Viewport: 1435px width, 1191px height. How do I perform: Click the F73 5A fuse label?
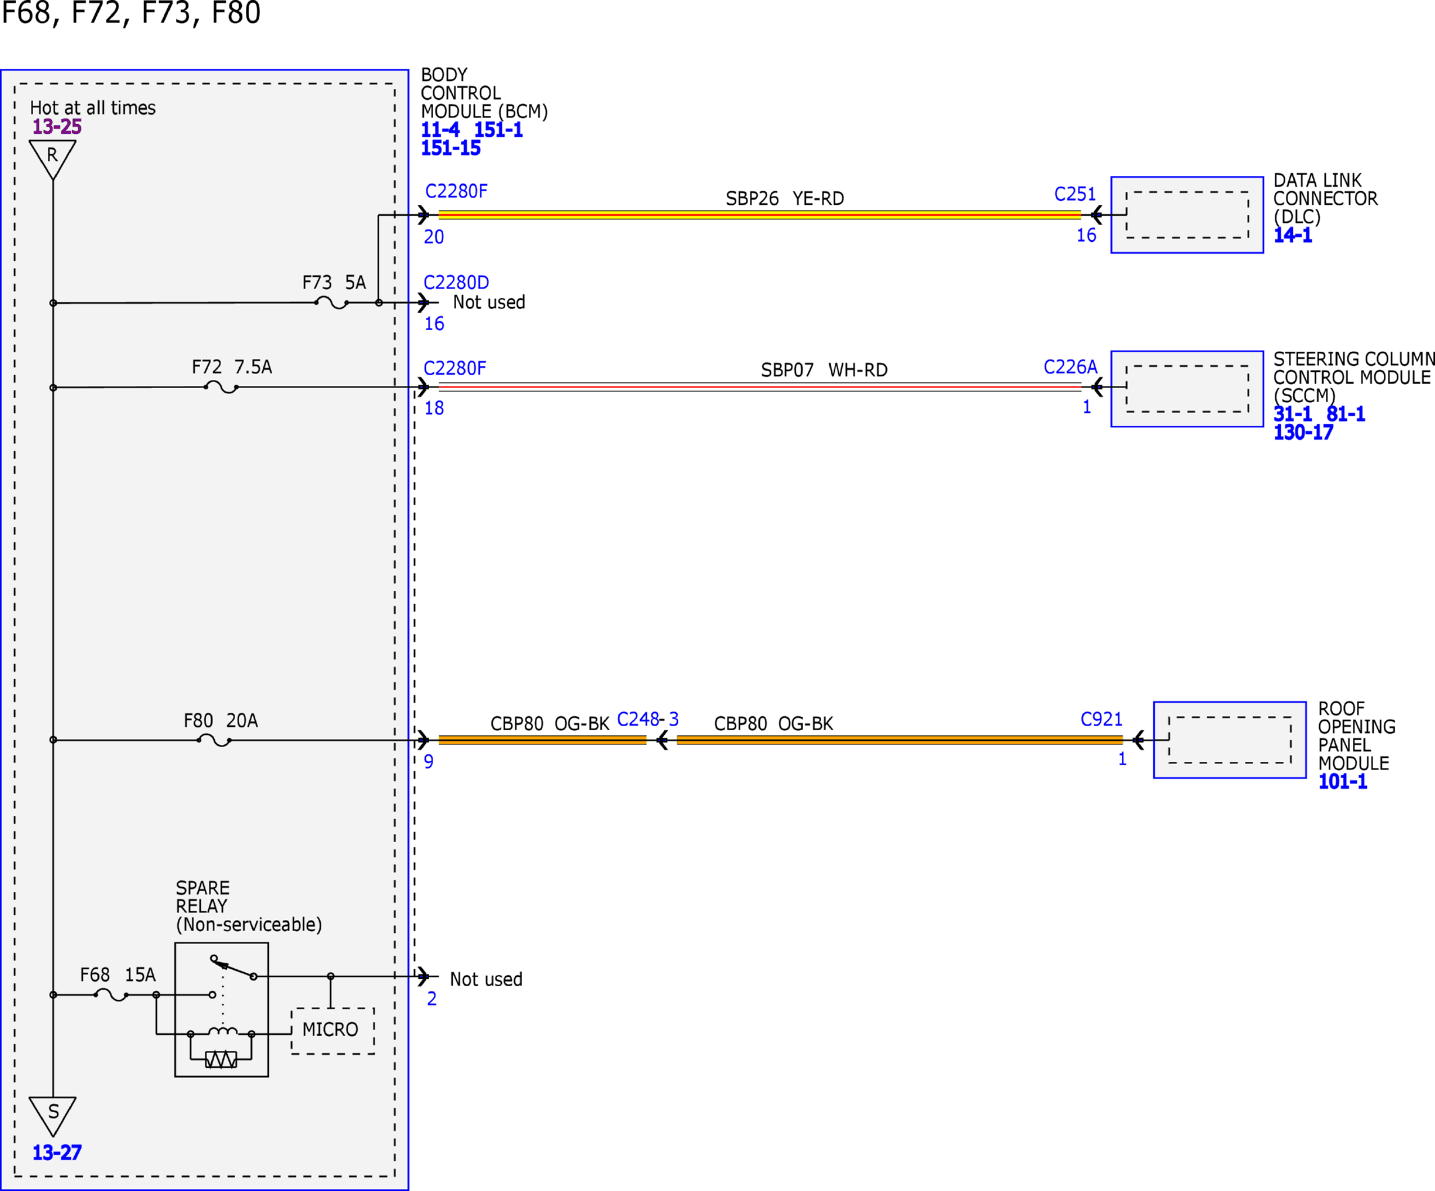click(334, 282)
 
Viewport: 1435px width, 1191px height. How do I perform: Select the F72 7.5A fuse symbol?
click(222, 388)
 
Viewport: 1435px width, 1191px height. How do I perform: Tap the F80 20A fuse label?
click(221, 720)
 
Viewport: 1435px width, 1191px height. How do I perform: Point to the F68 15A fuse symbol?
click(111, 995)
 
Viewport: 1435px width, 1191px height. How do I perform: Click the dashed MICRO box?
click(333, 1031)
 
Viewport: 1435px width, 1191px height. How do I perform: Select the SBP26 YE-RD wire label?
click(784, 198)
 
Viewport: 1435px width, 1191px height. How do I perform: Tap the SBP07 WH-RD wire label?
click(824, 370)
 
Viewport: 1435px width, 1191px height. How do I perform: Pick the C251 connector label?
click(1075, 194)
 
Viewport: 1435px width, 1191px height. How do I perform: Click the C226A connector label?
click(1070, 367)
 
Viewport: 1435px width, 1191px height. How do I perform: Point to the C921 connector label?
click(1102, 719)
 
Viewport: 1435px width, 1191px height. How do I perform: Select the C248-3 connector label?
click(648, 719)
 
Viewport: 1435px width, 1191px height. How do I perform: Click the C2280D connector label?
click(457, 282)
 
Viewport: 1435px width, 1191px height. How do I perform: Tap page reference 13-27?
click(57, 1153)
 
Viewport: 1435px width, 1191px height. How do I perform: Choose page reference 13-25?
click(57, 127)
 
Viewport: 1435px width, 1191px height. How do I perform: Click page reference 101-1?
click(1343, 781)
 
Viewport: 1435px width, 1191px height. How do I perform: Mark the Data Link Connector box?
click(1187, 215)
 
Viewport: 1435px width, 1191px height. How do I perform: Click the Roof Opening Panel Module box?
click(1230, 740)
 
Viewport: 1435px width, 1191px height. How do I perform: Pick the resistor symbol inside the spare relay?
click(222, 1060)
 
